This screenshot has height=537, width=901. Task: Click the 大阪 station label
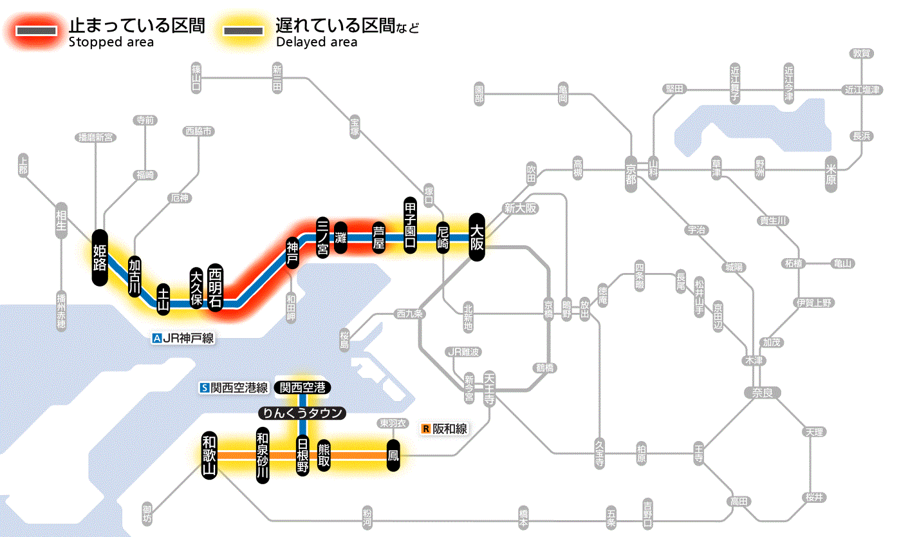pyautogui.click(x=476, y=237)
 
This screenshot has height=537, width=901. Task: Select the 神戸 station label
pyautogui.click(x=293, y=252)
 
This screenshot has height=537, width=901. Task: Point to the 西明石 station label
pyautogui.click(x=215, y=287)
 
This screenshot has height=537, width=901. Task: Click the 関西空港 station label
pyautogui.click(x=302, y=387)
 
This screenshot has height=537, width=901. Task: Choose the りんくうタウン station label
pyautogui.click(x=302, y=413)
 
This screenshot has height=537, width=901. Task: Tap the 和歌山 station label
pyautogui.click(x=209, y=455)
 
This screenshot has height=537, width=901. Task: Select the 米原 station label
pyautogui.click(x=833, y=173)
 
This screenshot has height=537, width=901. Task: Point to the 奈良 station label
pyautogui.click(x=762, y=392)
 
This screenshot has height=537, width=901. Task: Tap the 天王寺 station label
pyautogui.click(x=489, y=384)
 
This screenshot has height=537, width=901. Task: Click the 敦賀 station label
pyautogui.click(x=861, y=54)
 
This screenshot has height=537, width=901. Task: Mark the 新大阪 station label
pyautogui.click(x=520, y=208)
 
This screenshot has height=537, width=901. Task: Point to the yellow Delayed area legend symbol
pyautogui.click(x=243, y=31)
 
